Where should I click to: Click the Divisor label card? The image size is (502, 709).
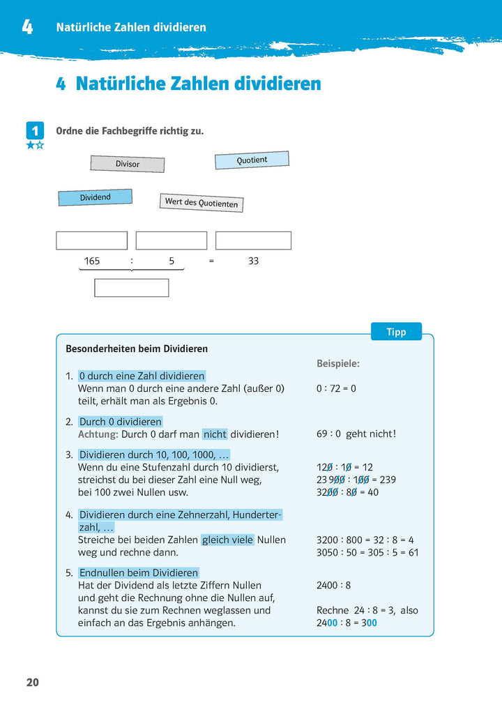coord(128,164)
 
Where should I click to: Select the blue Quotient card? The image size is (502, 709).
coord(252,160)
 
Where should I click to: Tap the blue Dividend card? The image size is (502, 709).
coord(95,197)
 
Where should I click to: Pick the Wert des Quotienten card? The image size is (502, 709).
coord(201,203)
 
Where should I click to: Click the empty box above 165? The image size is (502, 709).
coord(91,241)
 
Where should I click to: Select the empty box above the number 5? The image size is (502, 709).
coord(172,241)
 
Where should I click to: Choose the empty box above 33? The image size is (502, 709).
coord(253,241)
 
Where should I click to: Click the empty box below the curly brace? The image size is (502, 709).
coord(132,288)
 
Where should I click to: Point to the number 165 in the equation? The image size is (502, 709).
coord(92,261)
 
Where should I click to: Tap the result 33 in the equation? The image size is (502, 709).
coord(253,261)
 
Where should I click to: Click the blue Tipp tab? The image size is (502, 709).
coord(396,332)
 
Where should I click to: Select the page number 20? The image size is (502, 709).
coord(33,683)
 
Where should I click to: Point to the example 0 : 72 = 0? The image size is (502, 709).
coord(336,388)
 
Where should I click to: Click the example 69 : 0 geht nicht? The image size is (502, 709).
coord(356,434)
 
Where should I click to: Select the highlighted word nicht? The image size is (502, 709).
coord(215,434)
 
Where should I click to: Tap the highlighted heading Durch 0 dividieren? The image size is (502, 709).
coord(120,422)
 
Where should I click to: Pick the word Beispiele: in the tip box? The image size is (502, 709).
coord(338,363)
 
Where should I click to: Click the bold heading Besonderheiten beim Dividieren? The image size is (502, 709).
coord(137,349)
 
